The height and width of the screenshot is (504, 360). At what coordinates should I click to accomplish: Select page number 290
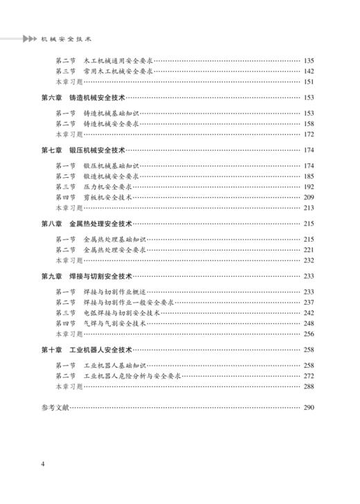click(x=309, y=407)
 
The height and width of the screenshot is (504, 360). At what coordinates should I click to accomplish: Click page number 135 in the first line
click(x=309, y=61)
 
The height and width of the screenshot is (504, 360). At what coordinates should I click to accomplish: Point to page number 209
click(x=309, y=197)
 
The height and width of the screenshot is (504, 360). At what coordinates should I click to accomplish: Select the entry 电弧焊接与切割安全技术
click(x=122, y=312)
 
